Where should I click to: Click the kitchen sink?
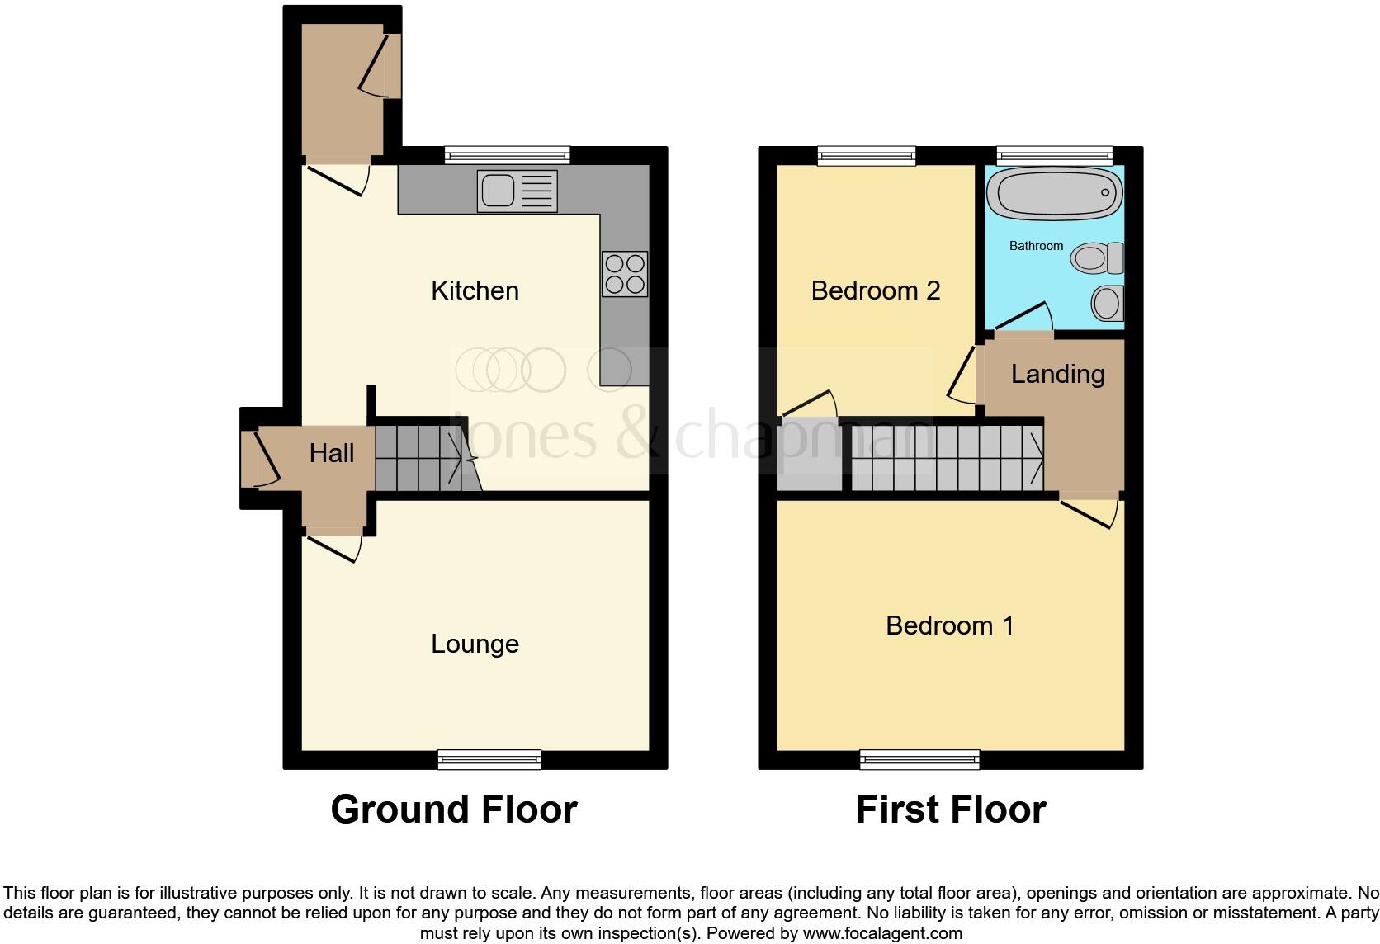(517, 191)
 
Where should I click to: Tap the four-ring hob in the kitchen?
(625, 274)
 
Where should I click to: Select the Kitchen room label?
(475, 290)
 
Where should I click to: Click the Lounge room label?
(475, 644)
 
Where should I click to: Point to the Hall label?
(332, 453)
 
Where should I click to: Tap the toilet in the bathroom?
(1098, 258)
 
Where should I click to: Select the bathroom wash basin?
(1106, 303)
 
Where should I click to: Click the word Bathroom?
(1036, 246)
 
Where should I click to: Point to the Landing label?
(1057, 375)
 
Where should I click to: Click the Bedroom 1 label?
(949, 625)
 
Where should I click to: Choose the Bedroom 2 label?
(875, 290)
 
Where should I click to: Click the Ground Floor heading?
(453, 809)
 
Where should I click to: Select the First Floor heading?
(950, 809)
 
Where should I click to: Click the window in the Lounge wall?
(489, 759)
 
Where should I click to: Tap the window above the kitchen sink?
(507, 155)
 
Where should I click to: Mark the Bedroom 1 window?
(919, 759)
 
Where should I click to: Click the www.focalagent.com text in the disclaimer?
(881, 934)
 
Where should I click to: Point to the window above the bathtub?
(1054, 155)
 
